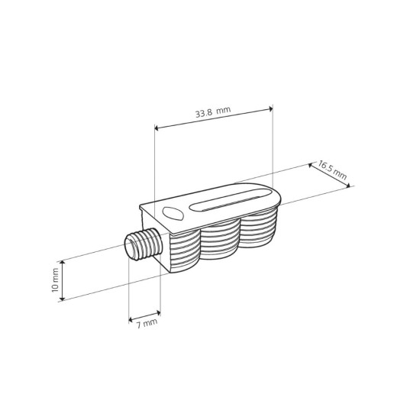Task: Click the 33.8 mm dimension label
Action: (213, 112)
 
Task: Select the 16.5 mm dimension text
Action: (332, 170)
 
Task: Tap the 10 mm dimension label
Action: (55, 280)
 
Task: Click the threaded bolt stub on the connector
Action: (143, 244)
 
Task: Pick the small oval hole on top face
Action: (173, 214)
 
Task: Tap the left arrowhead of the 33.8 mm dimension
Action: (157, 128)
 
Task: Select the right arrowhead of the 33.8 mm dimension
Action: (270, 108)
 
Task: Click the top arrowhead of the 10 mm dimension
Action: (62, 263)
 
